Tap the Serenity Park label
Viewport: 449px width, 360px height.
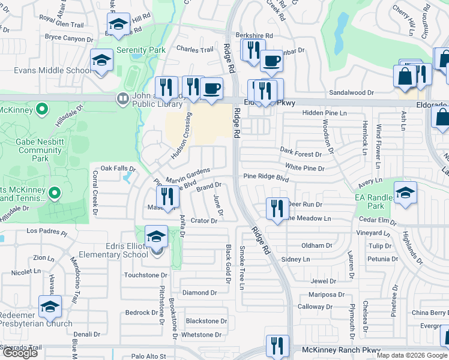(x=141, y=50)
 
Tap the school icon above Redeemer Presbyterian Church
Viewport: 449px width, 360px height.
(x=50, y=307)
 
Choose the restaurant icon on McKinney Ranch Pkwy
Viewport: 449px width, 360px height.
(x=277, y=346)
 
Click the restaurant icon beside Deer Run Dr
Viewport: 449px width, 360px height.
(x=277, y=209)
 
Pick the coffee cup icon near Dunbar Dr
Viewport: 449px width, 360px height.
(x=271, y=60)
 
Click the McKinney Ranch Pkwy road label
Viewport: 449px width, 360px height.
(x=340, y=349)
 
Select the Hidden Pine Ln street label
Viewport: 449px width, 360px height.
(x=325, y=113)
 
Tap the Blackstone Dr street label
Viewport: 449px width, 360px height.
(x=206, y=321)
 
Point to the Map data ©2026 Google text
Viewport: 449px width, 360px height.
(x=411, y=355)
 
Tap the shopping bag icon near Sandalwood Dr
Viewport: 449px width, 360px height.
(x=405, y=77)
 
